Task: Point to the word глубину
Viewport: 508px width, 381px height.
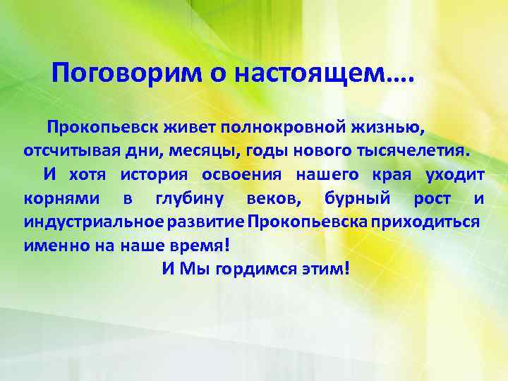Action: click(188, 199)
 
